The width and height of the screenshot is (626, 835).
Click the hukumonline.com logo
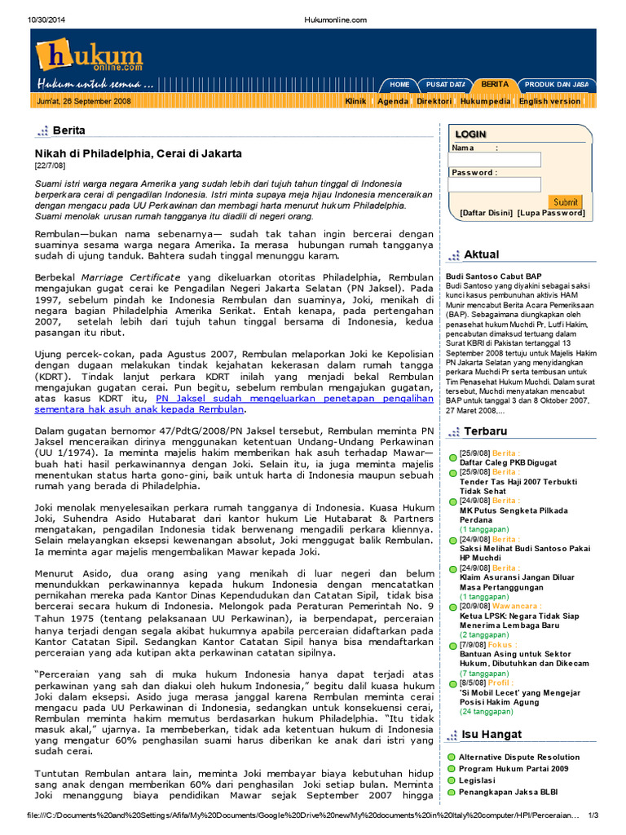coord(90,58)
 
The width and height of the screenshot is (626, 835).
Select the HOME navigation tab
coord(399,85)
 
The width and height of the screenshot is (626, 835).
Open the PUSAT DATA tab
coord(445,85)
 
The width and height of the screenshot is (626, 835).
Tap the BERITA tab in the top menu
coord(495,84)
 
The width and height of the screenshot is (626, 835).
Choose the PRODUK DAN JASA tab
coord(556,85)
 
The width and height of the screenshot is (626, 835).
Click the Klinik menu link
coord(355,101)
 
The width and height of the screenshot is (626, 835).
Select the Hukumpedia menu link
coord(486,101)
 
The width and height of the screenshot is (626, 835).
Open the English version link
coord(550,101)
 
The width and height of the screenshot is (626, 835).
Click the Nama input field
coord(495,160)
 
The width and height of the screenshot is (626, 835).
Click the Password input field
coord(495,184)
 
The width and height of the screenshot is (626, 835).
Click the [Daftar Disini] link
coord(486,213)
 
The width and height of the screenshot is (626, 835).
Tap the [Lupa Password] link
coord(550,213)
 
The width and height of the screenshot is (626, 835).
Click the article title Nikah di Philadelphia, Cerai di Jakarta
coord(138,153)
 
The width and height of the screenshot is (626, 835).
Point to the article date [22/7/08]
coord(50,166)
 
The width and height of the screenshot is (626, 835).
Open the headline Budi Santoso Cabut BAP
coord(493,277)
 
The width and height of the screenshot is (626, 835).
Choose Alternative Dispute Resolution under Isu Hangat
coord(518,758)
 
